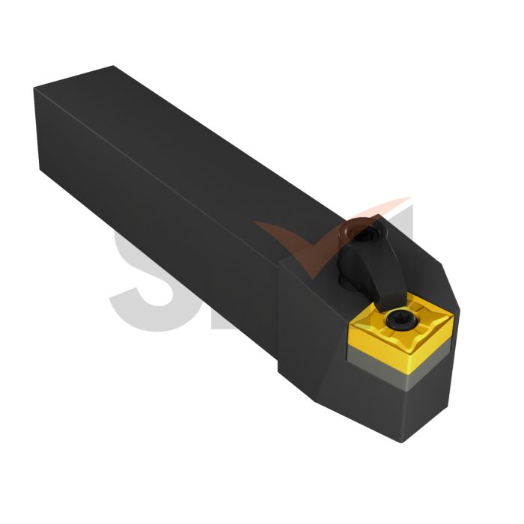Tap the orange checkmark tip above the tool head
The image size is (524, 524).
(x=404, y=201)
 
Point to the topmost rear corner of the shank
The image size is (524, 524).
(x=114, y=67)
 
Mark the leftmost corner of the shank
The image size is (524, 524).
(x=34, y=90)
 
